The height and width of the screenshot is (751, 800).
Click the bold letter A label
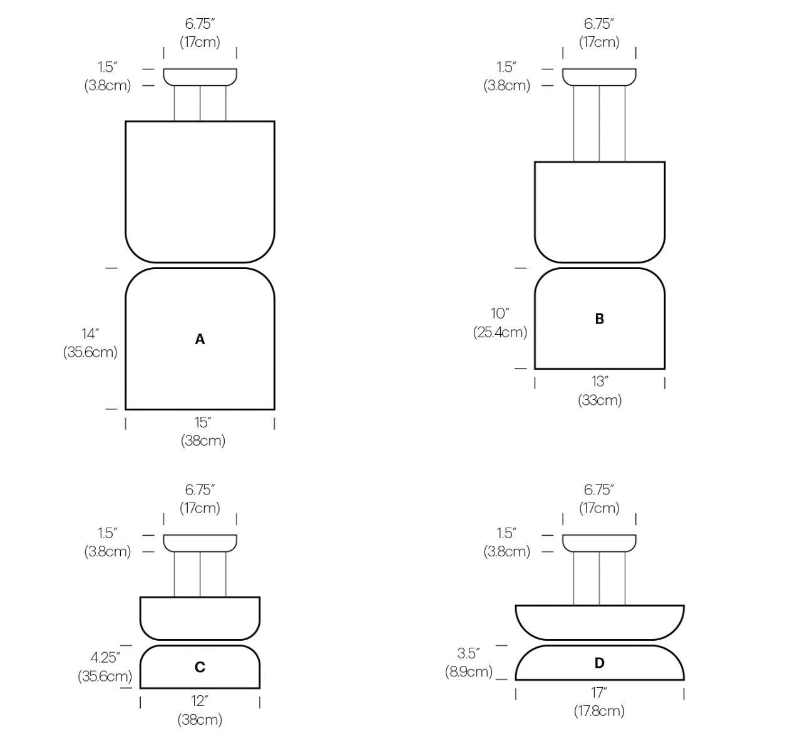pyautogui.click(x=200, y=339)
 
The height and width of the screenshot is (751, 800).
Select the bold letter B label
pyautogui.click(x=600, y=319)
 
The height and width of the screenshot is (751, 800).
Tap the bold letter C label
pyautogui.click(x=200, y=667)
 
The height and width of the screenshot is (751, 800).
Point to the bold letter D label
pyautogui.click(x=600, y=663)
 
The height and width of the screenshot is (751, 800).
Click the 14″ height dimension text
pyautogui.click(x=90, y=334)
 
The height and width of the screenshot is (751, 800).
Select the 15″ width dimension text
pyautogui.click(x=203, y=422)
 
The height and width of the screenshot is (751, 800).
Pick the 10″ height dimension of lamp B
pyautogui.click(x=500, y=313)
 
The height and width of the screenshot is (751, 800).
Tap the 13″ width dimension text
pyautogui.click(x=600, y=381)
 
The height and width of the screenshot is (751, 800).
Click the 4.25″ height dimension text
pyautogui.click(x=105, y=658)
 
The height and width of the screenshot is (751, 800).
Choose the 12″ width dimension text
pyautogui.click(x=200, y=701)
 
